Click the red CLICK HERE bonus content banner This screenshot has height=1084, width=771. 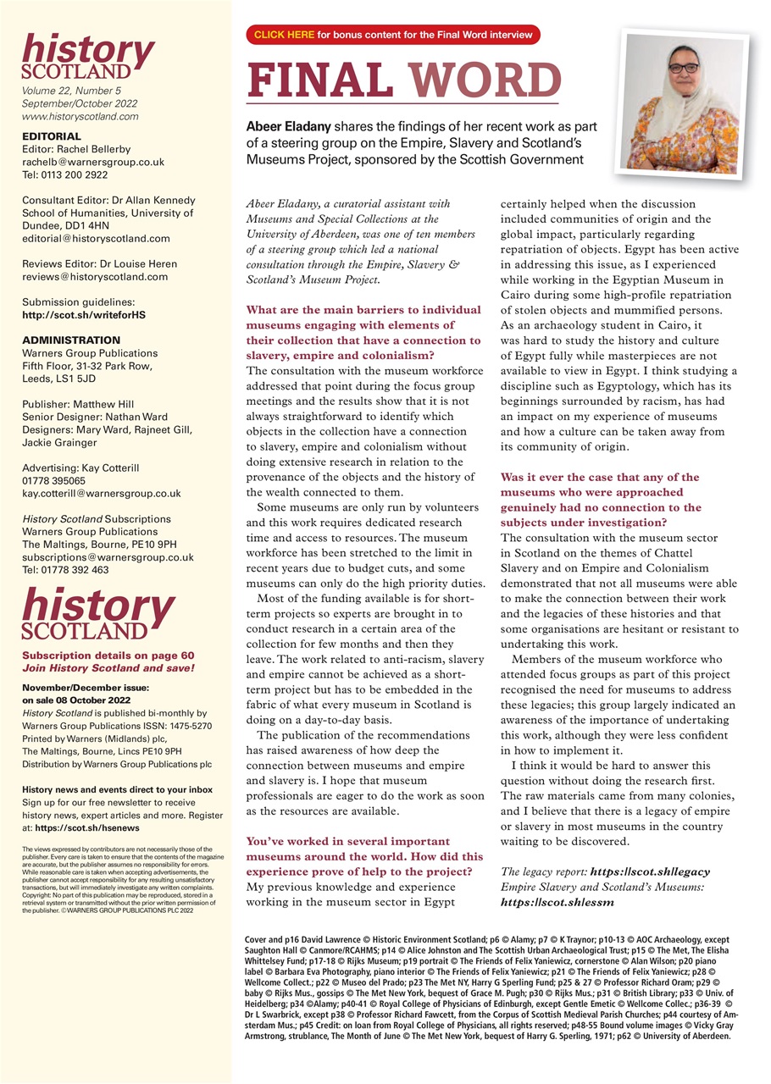click(x=392, y=35)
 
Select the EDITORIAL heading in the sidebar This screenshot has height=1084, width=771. click(x=52, y=136)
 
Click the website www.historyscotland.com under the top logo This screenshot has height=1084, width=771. click(x=81, y=117)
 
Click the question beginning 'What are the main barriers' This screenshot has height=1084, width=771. click(x=364, y=324)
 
